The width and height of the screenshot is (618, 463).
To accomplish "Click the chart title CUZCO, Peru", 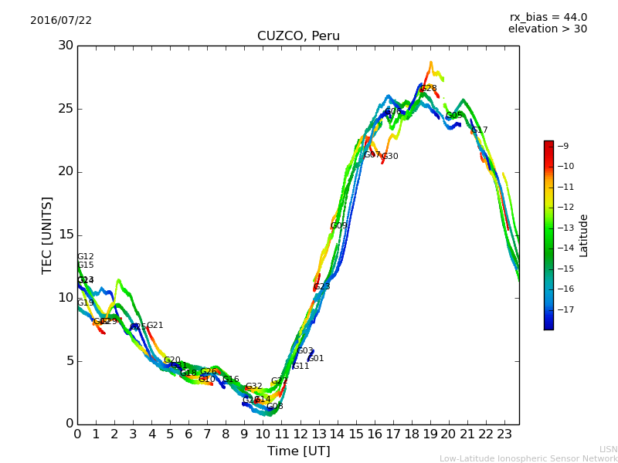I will point(298,36).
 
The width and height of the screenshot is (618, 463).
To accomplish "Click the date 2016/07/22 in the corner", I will point(61,20).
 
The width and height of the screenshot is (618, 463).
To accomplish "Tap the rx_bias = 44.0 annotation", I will point(548,17).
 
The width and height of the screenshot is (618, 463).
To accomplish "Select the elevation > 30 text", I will point(547,29).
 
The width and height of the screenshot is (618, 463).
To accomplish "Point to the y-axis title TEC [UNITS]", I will point(48,235).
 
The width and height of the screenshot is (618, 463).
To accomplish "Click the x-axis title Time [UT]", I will point(298,451).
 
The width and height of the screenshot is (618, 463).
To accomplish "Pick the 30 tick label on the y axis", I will point(65,46).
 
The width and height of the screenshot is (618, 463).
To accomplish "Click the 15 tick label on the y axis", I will point(65,235).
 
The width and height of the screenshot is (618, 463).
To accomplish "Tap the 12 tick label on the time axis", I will point(300,434).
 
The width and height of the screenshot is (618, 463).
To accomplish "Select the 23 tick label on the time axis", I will point(504,434).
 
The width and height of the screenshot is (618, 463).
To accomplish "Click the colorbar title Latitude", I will point(584,235).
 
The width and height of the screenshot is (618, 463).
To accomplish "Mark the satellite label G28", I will point(429,89).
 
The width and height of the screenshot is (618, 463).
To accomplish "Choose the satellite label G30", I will point(390,157).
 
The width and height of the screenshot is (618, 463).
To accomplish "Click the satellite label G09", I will point(338,226).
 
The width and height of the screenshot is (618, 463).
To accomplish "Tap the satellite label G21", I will point(154,326).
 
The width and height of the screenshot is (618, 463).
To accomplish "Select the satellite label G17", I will point(480,130).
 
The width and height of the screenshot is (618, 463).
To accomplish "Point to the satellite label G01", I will point(316,359).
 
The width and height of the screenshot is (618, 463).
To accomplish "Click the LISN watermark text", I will point(608,449).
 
